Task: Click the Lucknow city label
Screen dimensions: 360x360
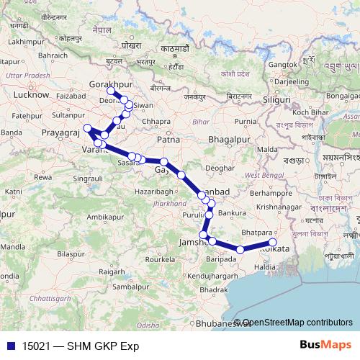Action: point(31,94)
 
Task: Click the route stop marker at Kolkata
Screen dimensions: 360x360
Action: point(272,243)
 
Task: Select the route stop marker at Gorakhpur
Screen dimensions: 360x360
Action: point(110,91)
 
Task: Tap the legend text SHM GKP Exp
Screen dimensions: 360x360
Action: point(101,346)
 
